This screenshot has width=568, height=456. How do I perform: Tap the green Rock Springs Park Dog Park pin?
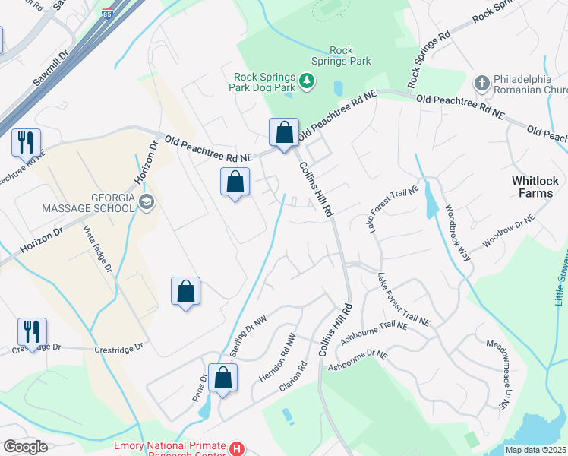pyautogui.click(x=307, y=81)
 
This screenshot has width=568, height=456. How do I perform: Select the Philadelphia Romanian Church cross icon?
pyautogui.click(x=481, y=82)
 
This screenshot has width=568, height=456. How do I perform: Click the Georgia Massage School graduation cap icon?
pyautogui.click(x=147, y=201)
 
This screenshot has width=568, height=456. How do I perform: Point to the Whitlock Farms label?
pyautogui.click(x=535, y=187)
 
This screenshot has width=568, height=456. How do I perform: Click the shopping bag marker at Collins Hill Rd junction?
pyautogui.click(x=284, y=132)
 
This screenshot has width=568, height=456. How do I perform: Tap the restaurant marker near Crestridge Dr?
pyautogui.click(x=32, y=331)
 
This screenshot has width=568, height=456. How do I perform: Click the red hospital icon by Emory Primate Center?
pyautogui.click(x=238, y=448)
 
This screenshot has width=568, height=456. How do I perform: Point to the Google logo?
pyautogui.click(x=25, y=447)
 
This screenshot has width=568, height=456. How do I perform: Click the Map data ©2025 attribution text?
pyautogui.click(x=535, y=450)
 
